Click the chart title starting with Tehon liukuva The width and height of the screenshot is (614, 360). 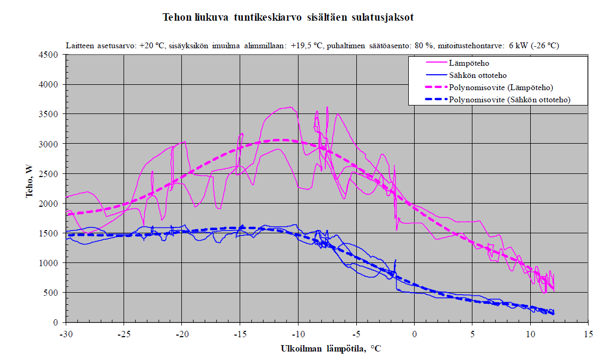288,17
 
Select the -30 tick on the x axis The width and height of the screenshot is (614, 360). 66,334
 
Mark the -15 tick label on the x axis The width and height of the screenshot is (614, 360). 240,334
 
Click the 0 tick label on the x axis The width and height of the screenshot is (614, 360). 414,334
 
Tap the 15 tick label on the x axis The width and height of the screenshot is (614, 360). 588,334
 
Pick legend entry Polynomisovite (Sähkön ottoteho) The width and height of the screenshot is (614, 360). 509,99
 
